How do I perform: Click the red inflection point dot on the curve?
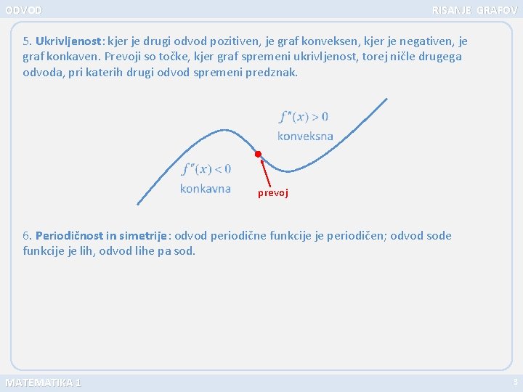click(258, 154)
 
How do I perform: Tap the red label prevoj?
click(273, 193)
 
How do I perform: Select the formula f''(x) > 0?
click(304, 117)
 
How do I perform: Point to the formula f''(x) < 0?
click(206, 169)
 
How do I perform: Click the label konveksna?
click(305, 136)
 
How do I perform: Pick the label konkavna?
click(205, 189)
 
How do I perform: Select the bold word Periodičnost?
click(69, 235)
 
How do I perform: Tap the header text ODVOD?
click(23, 10)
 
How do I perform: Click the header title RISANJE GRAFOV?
click(474, 10)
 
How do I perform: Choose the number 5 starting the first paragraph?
click(27, 41)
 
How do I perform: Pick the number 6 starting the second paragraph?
click(27, 235)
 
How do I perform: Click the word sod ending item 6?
click(185, 251)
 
